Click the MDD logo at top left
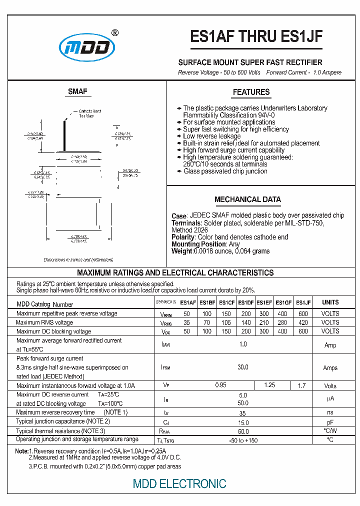click(x=87, y=47)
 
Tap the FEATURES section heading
click(x=251, y=92)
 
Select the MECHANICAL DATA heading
click(x=247, y=199)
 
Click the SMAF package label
click(x=77, y=91)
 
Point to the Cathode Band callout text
click(x=90, y=111)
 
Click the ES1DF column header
click(x=245, y=302)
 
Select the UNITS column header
click(x=330, y=302)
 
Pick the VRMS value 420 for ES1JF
click(x=303, y=322)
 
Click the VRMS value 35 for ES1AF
click(x=187, y=322)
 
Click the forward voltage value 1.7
click(x=301, y=386)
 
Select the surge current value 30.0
click(x=243, y=367)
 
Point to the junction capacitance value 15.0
click(x=243, y=422)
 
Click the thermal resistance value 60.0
click(x=243, y=431)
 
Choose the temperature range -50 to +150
click(x=243, y=440)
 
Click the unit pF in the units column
click(x=330, y=422)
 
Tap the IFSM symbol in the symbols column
click(x=166, y=368)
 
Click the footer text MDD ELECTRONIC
click(x=179, y=483)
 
